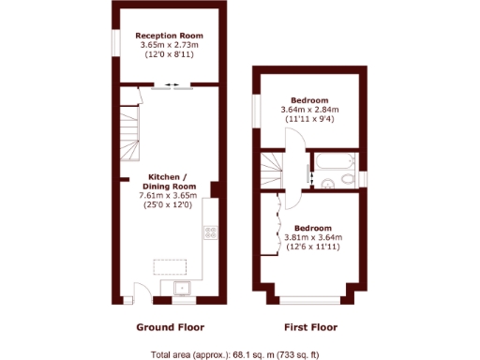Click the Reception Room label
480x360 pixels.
(x=170, y=35)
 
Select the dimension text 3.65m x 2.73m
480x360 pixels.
(x=170, y=44)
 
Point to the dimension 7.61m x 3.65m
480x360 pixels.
(x=171, y=195)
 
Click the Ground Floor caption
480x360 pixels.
(x=171, y=327)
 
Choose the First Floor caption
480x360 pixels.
(x=310, y=327)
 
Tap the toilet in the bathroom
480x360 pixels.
(x=349, y=177)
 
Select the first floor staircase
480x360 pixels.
(x=274, y=170)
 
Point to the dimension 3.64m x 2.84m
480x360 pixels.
(x=309, y=110)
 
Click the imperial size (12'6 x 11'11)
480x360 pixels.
(x=311, y=247)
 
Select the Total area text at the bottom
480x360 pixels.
(x=235, y=354)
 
